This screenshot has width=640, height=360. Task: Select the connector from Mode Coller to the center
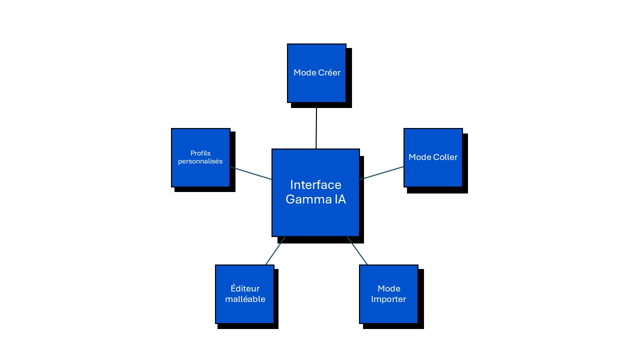[381, 173]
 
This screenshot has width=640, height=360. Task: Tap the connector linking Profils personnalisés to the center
[251, 173]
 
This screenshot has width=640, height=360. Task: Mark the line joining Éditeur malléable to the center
[275, 250]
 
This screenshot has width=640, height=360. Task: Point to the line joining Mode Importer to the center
[357, 250]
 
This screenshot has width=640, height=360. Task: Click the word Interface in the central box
[315, 185]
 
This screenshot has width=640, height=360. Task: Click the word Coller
[445, 157]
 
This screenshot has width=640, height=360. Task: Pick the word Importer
[388, 299]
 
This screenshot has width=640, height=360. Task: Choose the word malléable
[245, 299]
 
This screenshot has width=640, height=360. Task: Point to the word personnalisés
[200, 161]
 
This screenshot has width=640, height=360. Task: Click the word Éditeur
[245, 288]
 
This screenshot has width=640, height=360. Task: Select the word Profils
[200, 153]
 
